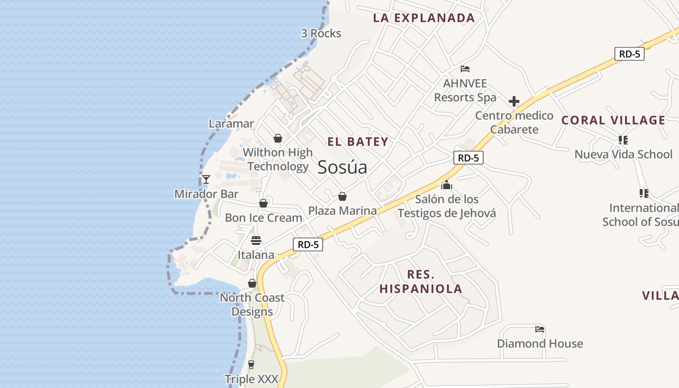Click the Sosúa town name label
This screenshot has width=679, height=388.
pyautogui.click(x=342, y=167)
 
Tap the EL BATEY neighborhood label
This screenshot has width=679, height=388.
pyautogui.click(x=358, y=142)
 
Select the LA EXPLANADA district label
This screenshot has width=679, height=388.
pyautogui.click(x=424, y=18)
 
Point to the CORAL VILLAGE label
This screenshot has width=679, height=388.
pyautogui.click(x=614, y=120)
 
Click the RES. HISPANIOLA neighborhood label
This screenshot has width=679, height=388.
pyautogui.click(x=420, y=282)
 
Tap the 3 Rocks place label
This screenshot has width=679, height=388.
pyautogui.click(x=321, y=33)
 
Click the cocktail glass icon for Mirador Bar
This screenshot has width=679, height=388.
pyautogui.click(x=206, y=179)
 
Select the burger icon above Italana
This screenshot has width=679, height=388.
pyautogui.click(x=256, y=240)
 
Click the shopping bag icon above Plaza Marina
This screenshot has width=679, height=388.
pyautogui.click(x=342, y=196)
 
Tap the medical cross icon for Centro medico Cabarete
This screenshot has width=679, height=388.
pyautogui.click(x=514, y=101)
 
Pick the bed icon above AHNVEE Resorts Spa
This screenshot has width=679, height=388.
pyautogui.click(x=465, y=69)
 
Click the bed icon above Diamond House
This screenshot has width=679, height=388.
pyautogui.click(x=540, y=329)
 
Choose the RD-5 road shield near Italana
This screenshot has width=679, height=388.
pyautogui.click(x=308, y=244)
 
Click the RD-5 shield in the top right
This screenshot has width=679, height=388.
pyautogui.click(x=630, y=54)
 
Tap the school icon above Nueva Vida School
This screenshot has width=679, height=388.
pyautogui.click(x=623, y=140)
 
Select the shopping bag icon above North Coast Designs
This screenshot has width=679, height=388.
pyautogui.click(x=252, y=283)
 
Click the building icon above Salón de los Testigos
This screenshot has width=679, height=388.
pyautogui.click(x=447, y=185)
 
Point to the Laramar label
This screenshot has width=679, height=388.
pyautogui.click(x=231, y=124)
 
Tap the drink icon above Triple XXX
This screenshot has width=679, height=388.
pyautogui.click(x=251, y=364)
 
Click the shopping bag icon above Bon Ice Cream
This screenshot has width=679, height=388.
pyautogui.click(x=263, y=203)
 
